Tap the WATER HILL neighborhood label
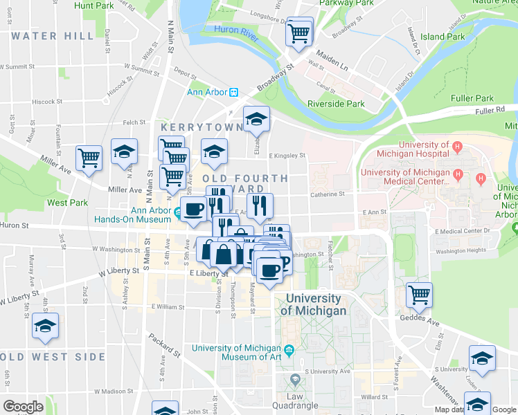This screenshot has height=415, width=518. click(53, 36)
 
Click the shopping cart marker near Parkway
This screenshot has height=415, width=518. click(298, 32)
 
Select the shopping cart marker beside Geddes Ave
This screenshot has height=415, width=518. click(419, 295)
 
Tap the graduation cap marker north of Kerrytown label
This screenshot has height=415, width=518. click(256, 120)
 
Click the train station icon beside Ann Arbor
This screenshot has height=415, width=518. click(234, 93)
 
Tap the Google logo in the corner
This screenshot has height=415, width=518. click(23, 407)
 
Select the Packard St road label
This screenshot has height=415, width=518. click(164, 346)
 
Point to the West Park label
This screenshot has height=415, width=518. click(67, 203)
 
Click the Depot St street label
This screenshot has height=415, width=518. click(185, 71)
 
